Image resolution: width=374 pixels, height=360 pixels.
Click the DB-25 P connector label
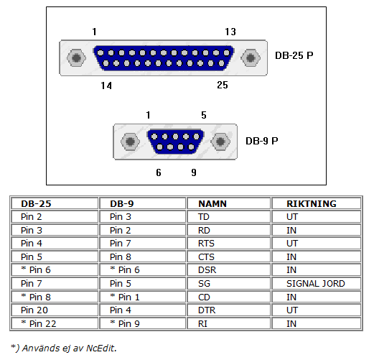pyautogui.click(x=294, y=55)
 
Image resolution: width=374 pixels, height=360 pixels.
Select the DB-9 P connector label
pyautogui.click(x=262, y=141)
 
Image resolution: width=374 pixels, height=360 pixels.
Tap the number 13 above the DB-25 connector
pyautogui.click(x=230, y=32)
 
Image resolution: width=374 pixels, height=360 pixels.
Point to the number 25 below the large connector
pyautogui.click(x=223, y=85)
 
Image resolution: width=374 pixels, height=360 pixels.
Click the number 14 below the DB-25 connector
pyautogui.click(x=106, y=86)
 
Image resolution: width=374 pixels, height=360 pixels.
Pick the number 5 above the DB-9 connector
pyautogui.click(x=204, y=115)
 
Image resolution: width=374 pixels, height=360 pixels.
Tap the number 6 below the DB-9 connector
pyautogui.click(x=159, y=172)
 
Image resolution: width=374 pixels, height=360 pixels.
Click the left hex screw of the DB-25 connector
pyautogui.click(x=76, y=57)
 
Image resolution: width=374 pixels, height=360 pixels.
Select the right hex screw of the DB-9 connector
pyautogui.click(x=220, y=142)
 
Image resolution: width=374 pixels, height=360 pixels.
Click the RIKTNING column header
pyautogui.click(x=312, y=203)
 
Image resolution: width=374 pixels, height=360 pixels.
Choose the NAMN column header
pyautogui.click(x=212, y=203)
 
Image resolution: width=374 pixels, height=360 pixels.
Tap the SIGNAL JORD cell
pyautogui.click(x=316, y=284)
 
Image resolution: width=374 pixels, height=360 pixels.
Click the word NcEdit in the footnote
pyautogui.click(x=100, y=348)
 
